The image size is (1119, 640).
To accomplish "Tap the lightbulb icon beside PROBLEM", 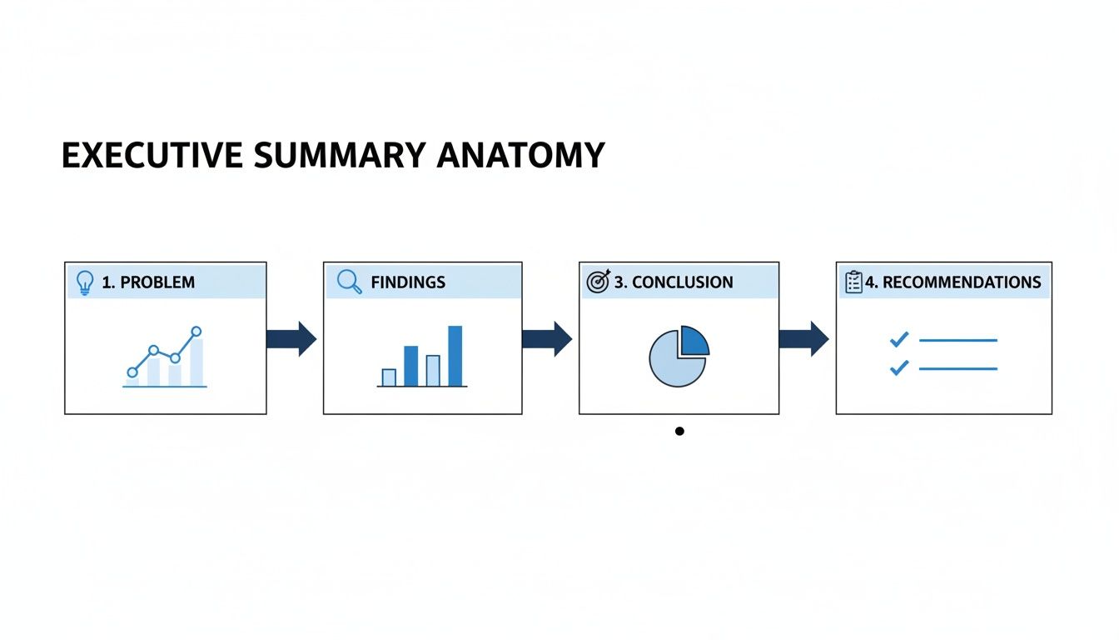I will (84, 282).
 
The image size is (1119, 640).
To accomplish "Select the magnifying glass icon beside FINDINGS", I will (349, 282).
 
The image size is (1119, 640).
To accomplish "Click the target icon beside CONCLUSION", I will (599, 282).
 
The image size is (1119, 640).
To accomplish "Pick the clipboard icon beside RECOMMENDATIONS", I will (853, 282).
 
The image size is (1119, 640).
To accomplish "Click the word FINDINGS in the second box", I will (408, 282).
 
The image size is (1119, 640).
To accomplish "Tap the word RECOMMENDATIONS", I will (962, 282).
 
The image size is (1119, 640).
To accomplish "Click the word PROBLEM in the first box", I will (157, 282).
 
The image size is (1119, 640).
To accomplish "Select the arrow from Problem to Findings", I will (291, 339).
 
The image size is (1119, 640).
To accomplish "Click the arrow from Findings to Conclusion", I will (547, 339).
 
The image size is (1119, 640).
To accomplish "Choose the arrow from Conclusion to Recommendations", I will (803, 339).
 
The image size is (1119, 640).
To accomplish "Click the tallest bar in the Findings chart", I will (455, 356).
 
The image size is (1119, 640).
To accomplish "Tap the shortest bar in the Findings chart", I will (389, 377).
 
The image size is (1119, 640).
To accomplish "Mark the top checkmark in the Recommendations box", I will (899, 339).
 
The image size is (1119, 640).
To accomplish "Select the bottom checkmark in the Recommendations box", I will (899, 367).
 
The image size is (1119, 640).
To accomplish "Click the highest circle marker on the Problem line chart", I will (196, 332).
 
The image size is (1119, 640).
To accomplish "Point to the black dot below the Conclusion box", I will (679, 431).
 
